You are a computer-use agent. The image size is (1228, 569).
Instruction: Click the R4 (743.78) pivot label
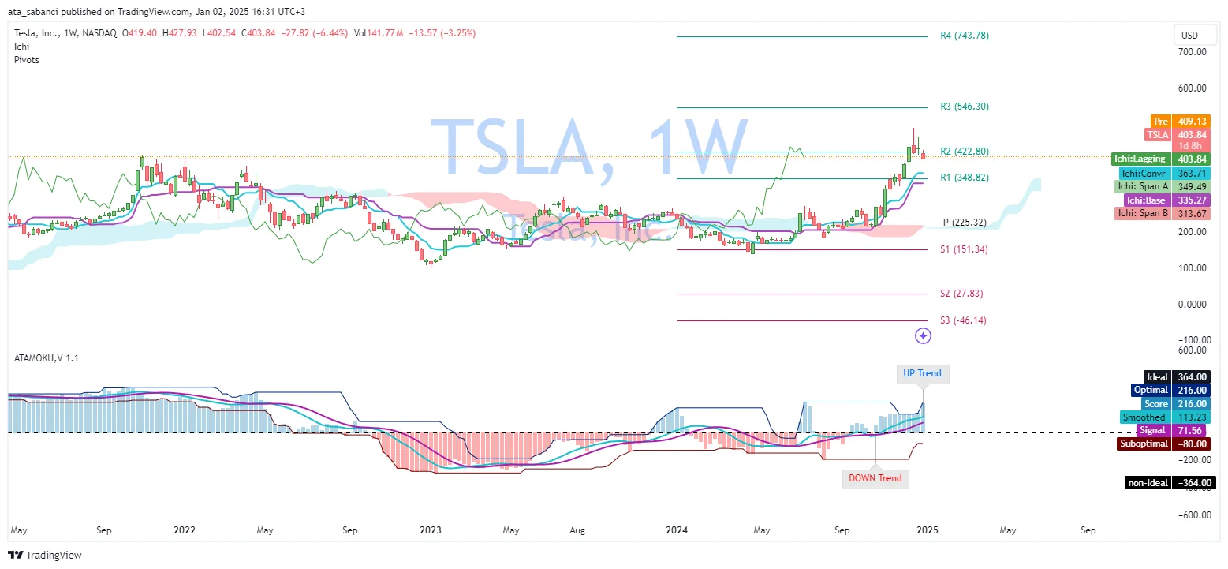964,36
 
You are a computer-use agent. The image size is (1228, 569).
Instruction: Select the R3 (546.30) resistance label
964,107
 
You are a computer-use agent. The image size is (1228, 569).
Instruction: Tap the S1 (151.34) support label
963,249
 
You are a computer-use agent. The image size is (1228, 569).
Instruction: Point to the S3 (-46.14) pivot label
962,320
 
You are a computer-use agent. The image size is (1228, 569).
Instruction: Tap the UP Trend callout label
922,373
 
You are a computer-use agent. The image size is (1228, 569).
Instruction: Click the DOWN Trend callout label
875,478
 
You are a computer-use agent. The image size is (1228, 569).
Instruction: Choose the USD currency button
1189,36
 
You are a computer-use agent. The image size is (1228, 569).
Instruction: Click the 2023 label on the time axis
430,530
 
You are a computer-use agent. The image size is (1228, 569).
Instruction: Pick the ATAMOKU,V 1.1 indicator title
47,357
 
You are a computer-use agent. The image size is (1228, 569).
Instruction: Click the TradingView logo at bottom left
45,555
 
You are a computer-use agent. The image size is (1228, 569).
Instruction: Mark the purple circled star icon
923,336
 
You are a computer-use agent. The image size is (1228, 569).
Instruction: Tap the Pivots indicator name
27,60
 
